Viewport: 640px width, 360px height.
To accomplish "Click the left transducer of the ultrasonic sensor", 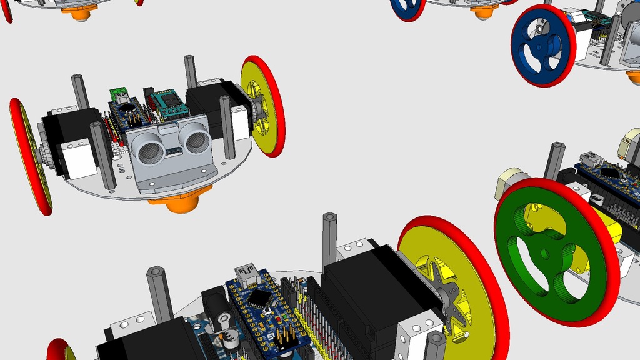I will click(150, 149).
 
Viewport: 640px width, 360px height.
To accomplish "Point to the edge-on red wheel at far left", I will click(29, 156).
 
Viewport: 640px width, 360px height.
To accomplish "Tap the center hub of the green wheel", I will click(546, 252).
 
